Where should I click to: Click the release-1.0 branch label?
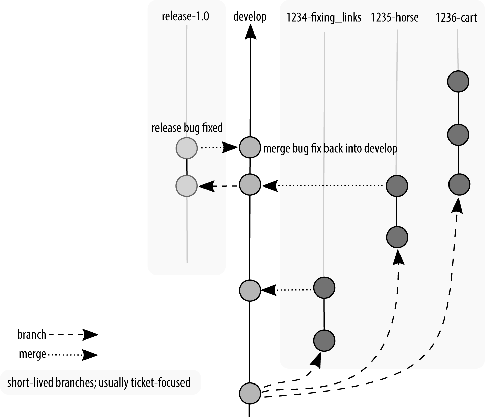(x=185, y=16)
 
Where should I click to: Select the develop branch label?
(x=250, y=16)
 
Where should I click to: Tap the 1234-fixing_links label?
(x=323, y=17)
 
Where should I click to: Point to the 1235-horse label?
(x=394, y=17)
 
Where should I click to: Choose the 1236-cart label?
(x=456, y=17)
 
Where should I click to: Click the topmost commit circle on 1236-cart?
(x=458, y=81)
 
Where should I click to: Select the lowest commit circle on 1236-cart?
(x=459, y=185)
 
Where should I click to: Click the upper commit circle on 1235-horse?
(x=397, y=186)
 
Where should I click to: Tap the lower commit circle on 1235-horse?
(x=397, y=237)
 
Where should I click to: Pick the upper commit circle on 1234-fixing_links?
(x=324, y=287)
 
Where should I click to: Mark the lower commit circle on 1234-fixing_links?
(x=324, y=341)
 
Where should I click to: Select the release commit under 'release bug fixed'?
(x=187, y=148)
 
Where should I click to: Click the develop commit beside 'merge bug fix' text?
(x=250, y=148)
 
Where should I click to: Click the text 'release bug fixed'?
(x=187, y=128)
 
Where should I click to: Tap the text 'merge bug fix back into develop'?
(x=330, y=148)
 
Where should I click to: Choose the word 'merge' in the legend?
(x=32, y=354)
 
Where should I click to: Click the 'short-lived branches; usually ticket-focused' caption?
(x=99, y=382)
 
